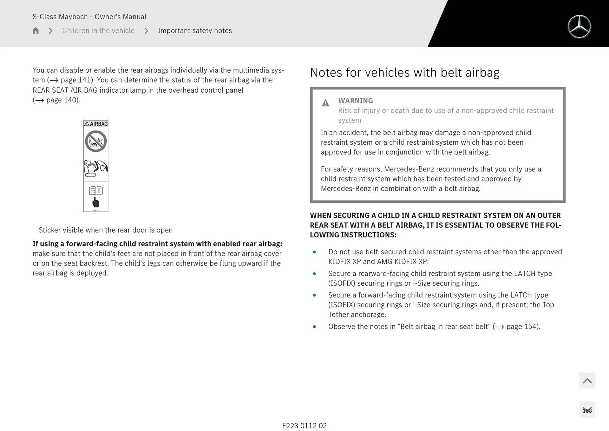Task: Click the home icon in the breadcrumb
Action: [x=36, y=30]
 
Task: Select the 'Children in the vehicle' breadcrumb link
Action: [x=98, y=30]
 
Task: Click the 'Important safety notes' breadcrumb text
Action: [x=195, y=30]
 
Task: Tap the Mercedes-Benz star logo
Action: [x=579, y=27]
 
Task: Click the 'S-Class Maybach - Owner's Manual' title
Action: [x=89, y=17]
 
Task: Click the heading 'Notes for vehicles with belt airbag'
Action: [x=404, y=73]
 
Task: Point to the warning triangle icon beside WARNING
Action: [x=325, y=103]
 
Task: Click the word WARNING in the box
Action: [x=355, y=101]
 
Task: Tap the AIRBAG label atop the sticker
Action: [x=96, y=124]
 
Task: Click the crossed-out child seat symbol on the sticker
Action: [x=96, y=141]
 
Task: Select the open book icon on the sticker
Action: [x=96, y=190]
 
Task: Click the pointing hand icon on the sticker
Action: [x=95, y=202]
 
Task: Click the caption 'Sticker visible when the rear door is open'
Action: [x=106, y=230]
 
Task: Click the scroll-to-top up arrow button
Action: [x=587, y=381]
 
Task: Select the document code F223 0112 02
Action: [x=304, y=426]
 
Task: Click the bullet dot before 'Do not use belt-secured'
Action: [x=314, y=252]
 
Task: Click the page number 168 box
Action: [x=587, y=410]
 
